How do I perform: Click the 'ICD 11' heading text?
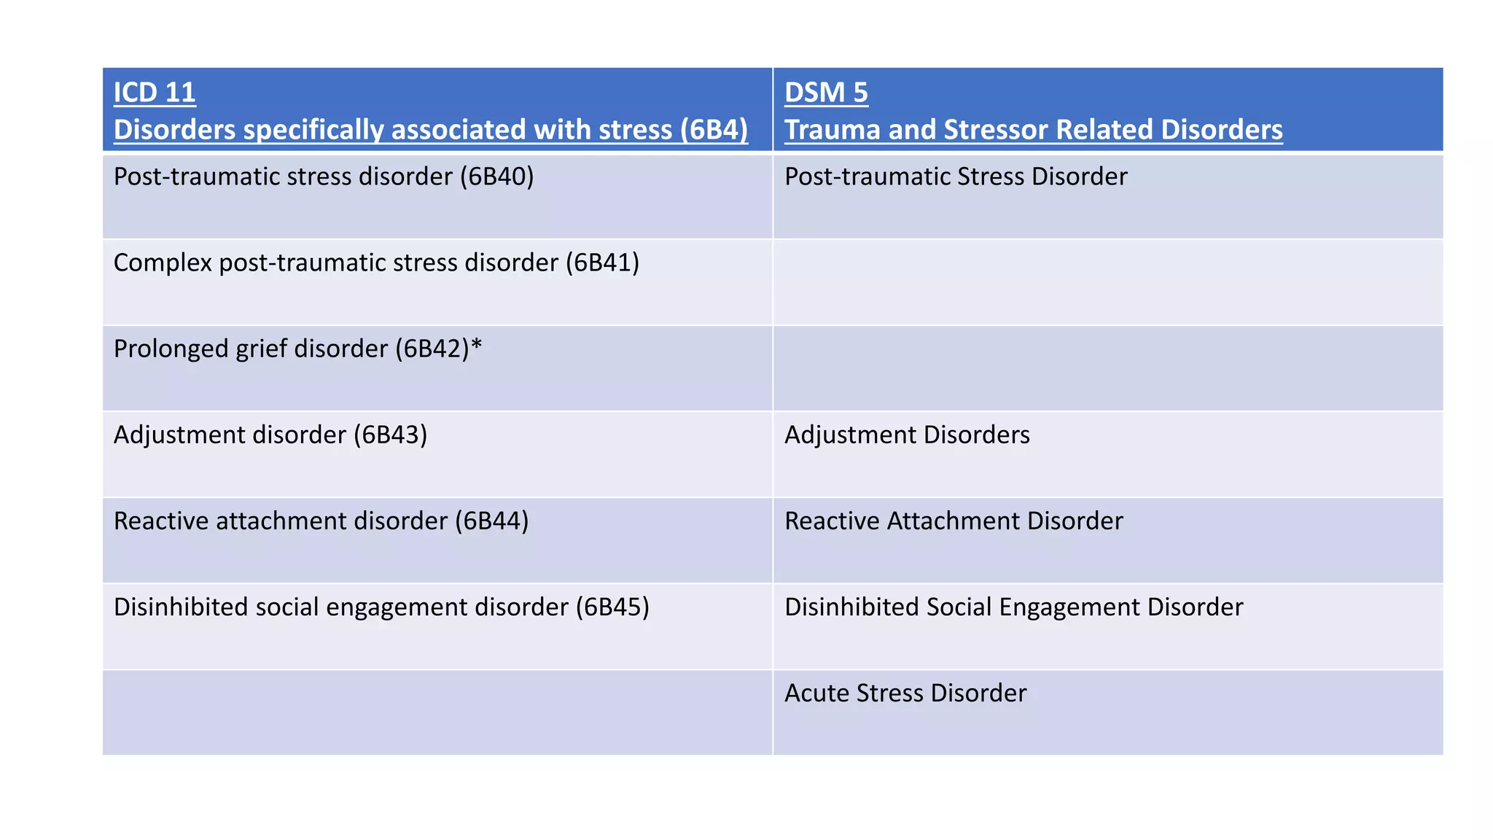pyautogui.click(x=155, y=93)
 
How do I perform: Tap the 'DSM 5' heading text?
pyautogui.click(x=826, y=93)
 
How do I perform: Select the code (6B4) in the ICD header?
pyautogui.click(x=714, y=130)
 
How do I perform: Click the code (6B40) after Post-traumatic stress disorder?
pyautogui.click(x=496, y=176)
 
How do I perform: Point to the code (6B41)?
pyautogui.click(x=602, y=262)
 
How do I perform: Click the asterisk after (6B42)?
pyautogui.click(x=476, y=347)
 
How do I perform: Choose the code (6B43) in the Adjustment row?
pyautogui.click(x=390, y=435)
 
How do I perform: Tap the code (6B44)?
pyautogui.click(x=491, y=521)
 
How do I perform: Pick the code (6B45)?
pyautogui.click(x=612, y=607)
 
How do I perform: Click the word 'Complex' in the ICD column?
pyautogui.click(x=163, y=262)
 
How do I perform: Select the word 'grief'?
pyautogui.click(x=261, y=349)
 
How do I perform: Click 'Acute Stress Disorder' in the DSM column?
pyautogui.click(x=905, y=693)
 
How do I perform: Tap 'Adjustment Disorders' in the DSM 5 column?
pyautogui.click(x=907, y=435)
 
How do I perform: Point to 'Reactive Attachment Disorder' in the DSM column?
pyautogui.click(x=954, y=521)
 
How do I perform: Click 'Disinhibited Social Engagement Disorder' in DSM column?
pyautogui.click(x=1013, y=607)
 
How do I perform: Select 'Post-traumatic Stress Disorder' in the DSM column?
pyautogui.click(x=956, y=176)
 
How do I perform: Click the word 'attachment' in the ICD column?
pyautogui.click(x=279, y=521)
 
